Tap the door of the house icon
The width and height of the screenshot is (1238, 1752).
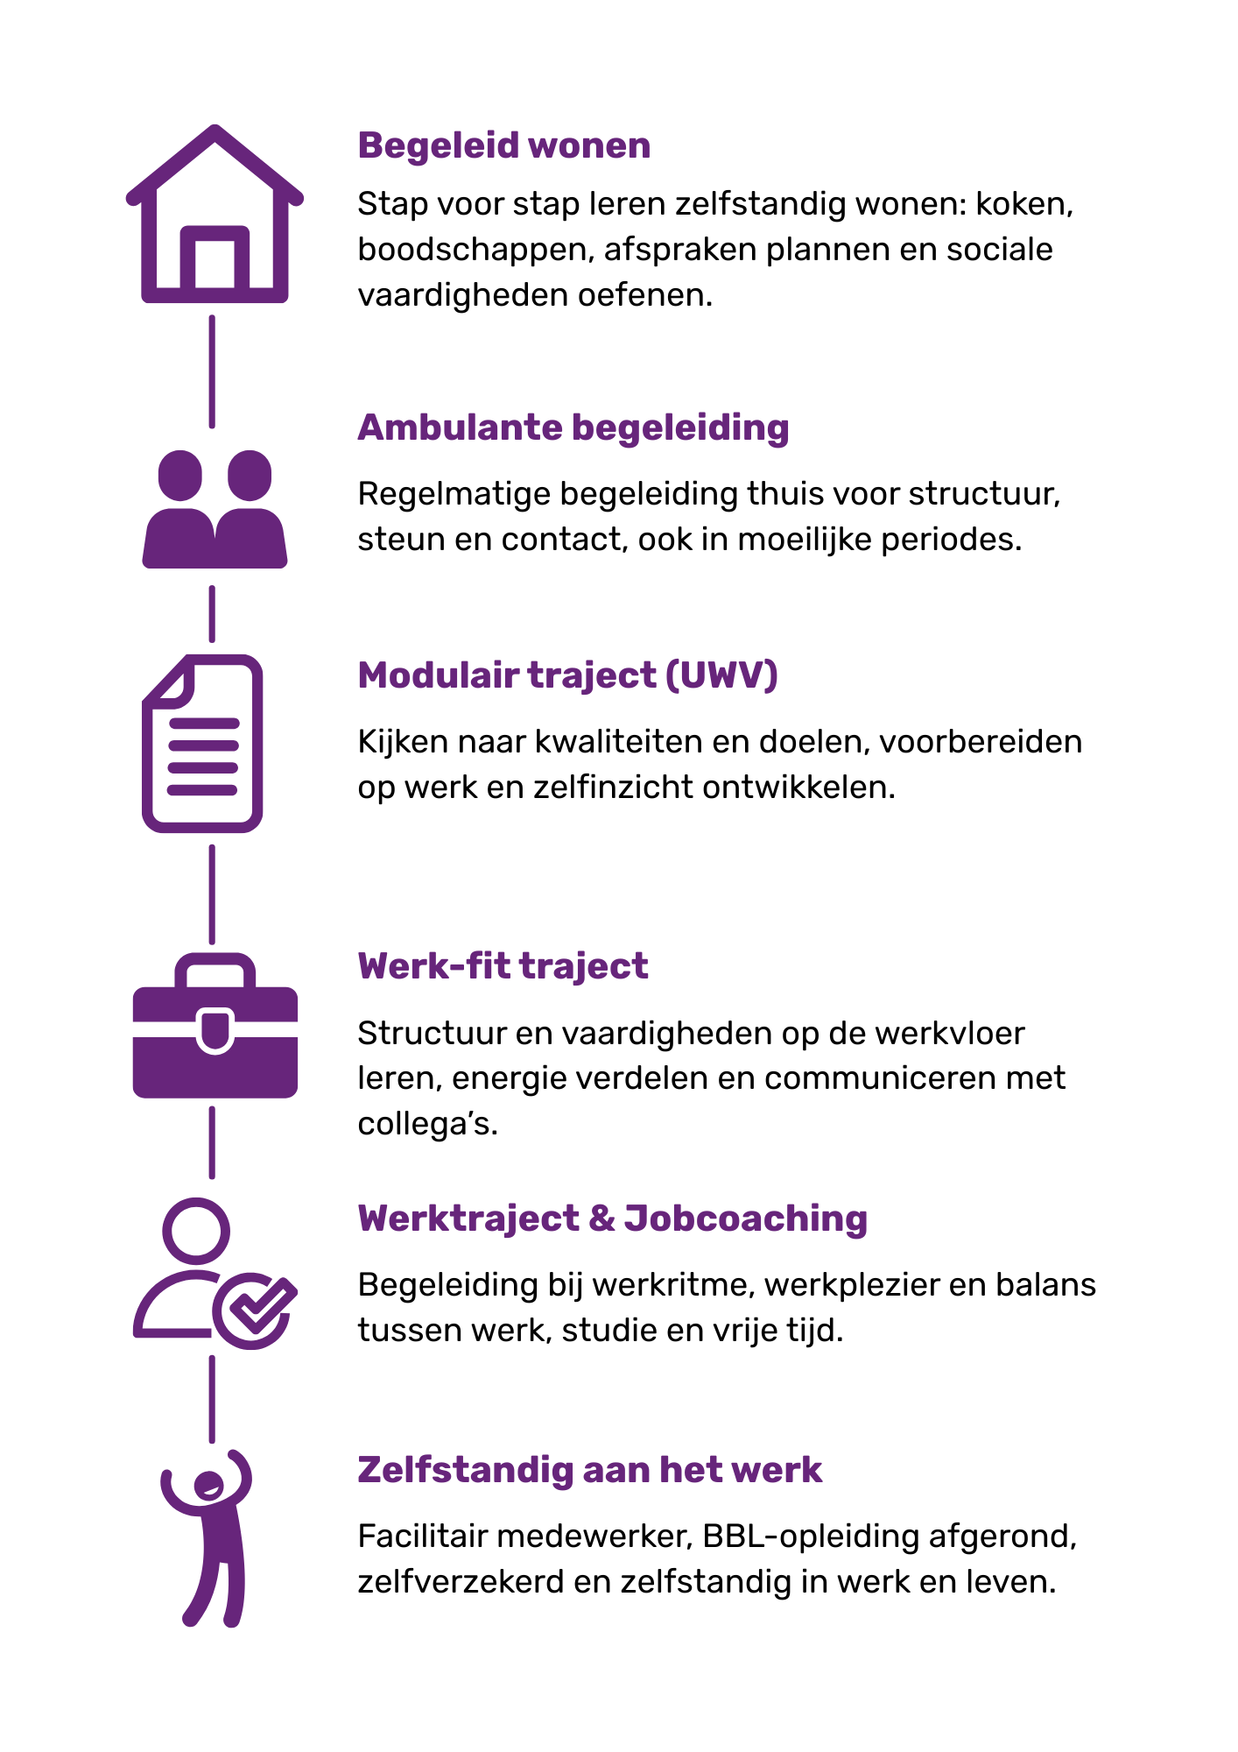(x=215, y=260)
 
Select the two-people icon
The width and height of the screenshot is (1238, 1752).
(x=215, y=510)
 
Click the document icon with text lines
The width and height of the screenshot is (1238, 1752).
(x=202, y=744)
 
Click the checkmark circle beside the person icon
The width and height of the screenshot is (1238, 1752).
(x=253, y=1310)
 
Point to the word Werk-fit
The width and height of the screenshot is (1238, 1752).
(x=434, y=966)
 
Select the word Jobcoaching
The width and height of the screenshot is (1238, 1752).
(x=745, y=1219)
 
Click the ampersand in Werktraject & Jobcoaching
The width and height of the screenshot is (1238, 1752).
(x=601, y=1219)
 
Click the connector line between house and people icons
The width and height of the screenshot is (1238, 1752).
(x=212, y=371)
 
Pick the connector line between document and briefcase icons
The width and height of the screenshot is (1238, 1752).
(x=212, y=894)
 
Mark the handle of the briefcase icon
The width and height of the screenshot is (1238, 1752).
(x=215, y=967)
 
